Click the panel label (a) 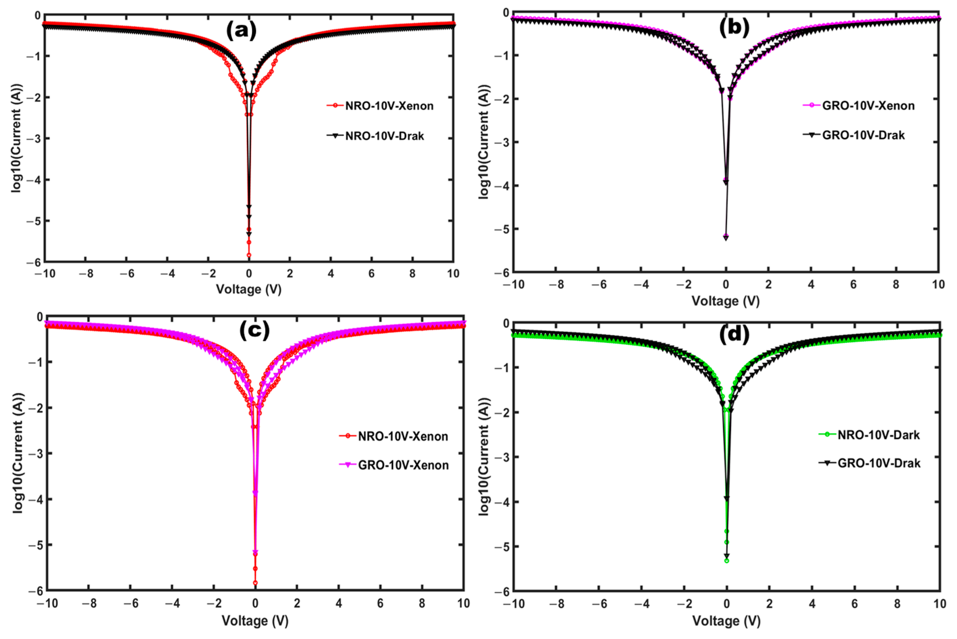241,31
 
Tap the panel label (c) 254,331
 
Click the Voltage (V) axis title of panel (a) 249,289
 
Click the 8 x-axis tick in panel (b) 896,284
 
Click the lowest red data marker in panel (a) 249,255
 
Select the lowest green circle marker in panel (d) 727,561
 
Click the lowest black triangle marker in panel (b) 726,238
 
